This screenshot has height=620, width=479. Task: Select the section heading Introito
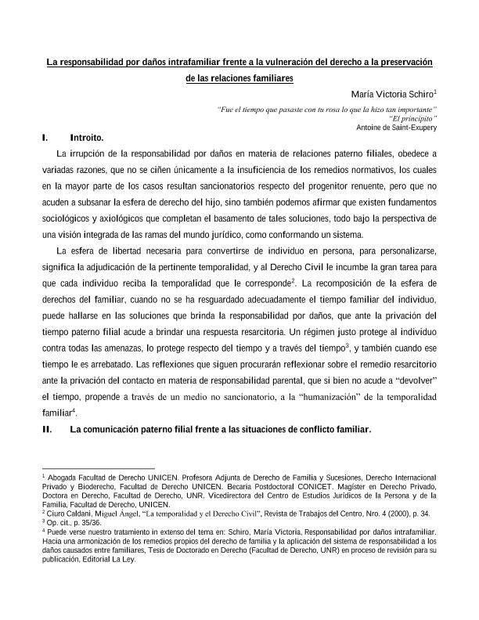(86, 138)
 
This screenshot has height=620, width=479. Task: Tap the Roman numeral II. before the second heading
(47, 429)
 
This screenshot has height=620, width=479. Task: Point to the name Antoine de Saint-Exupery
(396, 127)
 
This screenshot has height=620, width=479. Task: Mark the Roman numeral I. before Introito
(46, 138)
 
